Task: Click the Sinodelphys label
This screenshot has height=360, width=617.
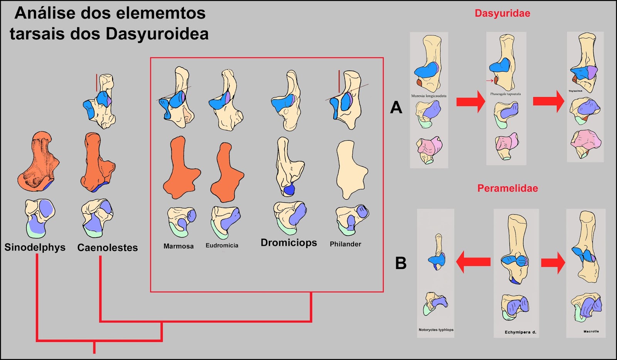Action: click(x=35, y=247)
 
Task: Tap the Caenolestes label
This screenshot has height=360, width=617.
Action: click(x=107, y=247)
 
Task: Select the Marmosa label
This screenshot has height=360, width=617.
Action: click(x=179, y=246)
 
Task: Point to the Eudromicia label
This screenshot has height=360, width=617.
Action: click(x=222, y=245)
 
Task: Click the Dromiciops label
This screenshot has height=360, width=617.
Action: click(x=289, y=242)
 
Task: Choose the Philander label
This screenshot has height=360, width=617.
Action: click(x=346, y=244)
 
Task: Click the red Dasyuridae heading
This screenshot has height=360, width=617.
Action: click(x=502, y=13)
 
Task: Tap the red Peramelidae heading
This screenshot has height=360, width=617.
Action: click(x=507, y=188)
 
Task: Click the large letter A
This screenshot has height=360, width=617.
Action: click(x=396, y=108)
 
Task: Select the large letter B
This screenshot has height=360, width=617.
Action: click(x=401, y=263)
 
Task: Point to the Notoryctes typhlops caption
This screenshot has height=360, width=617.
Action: click(x=436, y=330)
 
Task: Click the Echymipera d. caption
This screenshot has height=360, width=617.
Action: click(x=520, y=332)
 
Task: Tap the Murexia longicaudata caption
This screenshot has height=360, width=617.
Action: click(x=428, y=96)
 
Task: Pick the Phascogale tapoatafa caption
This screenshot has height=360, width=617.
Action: click(x=505, y=94)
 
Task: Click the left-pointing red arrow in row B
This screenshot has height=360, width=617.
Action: click(x=473, y=262)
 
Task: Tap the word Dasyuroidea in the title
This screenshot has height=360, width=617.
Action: click(x=157, y=34)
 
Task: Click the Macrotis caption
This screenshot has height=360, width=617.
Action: click(x=591, y=331)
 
